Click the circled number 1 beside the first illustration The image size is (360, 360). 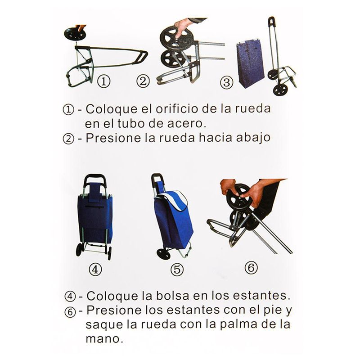(x=104, y=81)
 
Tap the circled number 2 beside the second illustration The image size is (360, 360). (x=143, y=81)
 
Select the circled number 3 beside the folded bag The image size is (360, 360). (x=226, y=82)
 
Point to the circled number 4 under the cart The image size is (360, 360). (x=95, y=269)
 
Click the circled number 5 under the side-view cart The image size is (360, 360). (x=177, y=269)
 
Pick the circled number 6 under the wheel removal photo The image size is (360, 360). (x=251, y=268)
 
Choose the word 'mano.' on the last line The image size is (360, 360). (x=104, y=339)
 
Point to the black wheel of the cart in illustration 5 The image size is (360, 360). (x=163, y=254)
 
